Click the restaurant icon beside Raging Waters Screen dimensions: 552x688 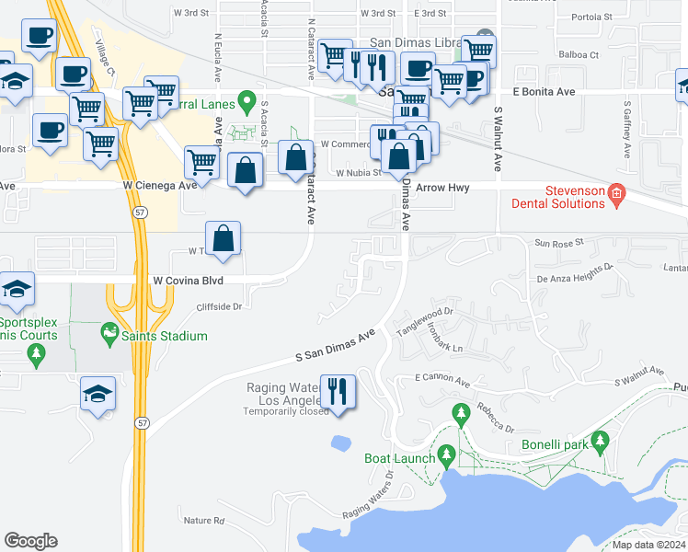point(336,391)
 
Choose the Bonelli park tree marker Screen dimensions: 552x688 point(601,443)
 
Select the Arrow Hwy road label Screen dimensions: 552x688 point(443,188)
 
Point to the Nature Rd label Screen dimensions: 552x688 point(203,521)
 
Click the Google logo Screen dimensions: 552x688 point(30,541)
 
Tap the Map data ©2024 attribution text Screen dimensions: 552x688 point(648,545)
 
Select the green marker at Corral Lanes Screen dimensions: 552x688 point(246,99)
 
